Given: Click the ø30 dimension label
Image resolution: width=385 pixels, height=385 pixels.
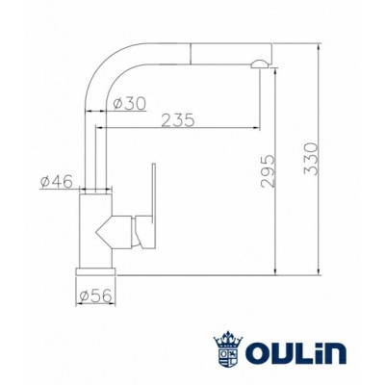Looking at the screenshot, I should (x=129, y=103).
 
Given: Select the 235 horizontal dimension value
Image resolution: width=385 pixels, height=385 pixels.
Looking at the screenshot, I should (x=179, y=120).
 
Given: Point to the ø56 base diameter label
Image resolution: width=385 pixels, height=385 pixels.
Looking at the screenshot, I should (x=96, y=296).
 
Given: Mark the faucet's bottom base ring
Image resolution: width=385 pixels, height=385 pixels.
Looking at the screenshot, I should (x=96, y=270).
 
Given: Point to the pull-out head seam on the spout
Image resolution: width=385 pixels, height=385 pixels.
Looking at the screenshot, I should (x=196, y=50).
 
